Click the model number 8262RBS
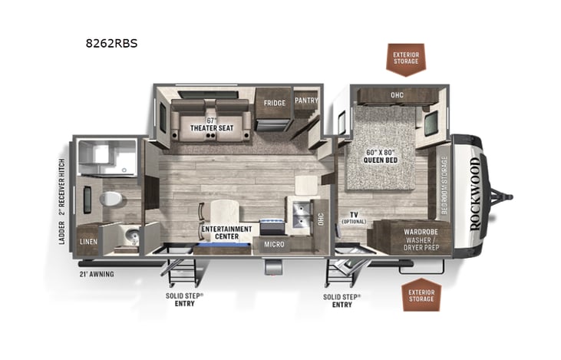(x=112, y=43)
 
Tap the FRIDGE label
(x=275, y=103)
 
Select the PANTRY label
(x=305, y=100)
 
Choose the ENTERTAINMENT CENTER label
(x=226, y=233)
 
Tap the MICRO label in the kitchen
(x=275, y=245)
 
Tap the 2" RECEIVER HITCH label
(x=62, y=186)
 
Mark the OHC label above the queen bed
(x=396, y=95)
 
